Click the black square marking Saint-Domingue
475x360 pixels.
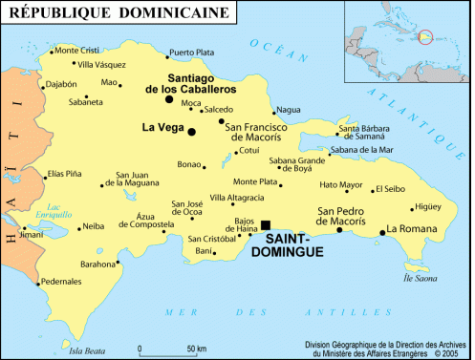(266, 224)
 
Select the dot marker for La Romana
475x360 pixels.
(380, 230)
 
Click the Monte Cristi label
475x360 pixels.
(77, 50)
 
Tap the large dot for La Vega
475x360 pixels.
(191, 131)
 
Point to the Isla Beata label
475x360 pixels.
(86, 350)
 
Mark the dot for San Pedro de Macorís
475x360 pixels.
(339, 229)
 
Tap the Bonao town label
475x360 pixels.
(189, 164)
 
